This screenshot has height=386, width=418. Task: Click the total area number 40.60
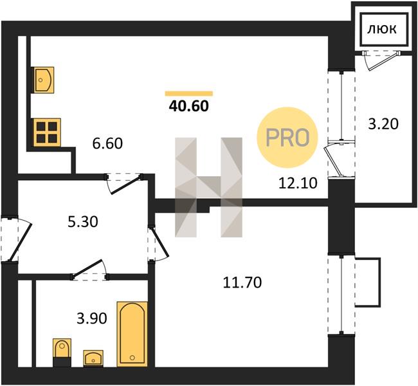(x=188, y=106)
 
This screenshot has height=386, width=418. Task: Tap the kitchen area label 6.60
(x=107, y=143)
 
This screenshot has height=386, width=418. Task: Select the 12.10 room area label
(x=298, y=183)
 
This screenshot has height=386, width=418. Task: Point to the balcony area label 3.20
(x=383, y=124)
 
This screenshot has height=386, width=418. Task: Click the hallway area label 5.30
(x=83, y=222)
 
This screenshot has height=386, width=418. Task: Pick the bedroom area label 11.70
(x=242, y=283)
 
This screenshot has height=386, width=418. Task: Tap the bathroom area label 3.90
(x=92, y=318)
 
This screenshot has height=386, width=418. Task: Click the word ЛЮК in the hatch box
(x=382, y=29)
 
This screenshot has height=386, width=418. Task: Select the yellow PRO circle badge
(x=287, y=138)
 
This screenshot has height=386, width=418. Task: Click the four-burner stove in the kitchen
(x=47, y=133)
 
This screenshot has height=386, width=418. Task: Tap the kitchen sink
(x=42, y=80)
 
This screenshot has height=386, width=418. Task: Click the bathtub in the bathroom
(x=132, y=334)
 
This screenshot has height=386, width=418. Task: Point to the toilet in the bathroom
(x=62, y=353)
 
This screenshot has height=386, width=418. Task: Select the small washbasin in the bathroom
(x=93, y=358)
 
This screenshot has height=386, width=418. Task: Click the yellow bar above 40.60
(x=189, y=93)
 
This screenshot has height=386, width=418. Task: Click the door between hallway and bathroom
(x=89, y=270)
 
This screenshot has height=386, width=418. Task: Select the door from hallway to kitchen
(x=124, y=184)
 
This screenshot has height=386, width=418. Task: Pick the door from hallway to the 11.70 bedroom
(x=158, y=243)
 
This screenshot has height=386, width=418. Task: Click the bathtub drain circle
(x=132, y=358)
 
